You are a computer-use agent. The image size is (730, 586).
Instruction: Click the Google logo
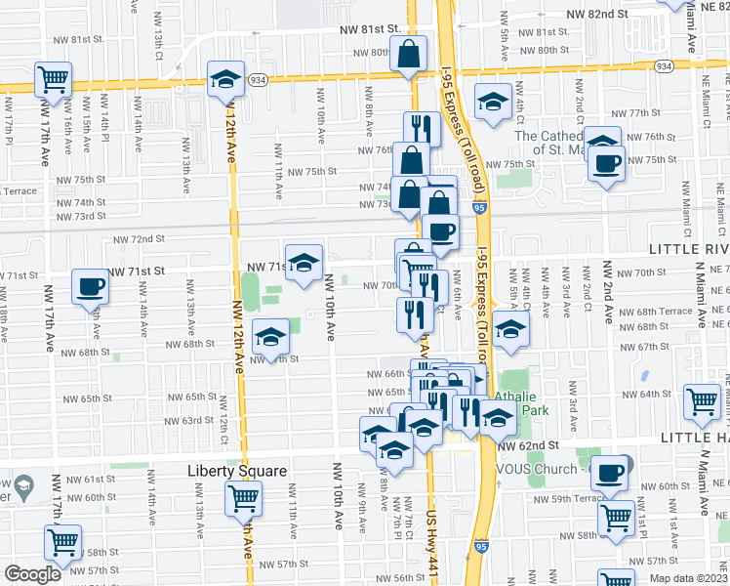pos(32,574)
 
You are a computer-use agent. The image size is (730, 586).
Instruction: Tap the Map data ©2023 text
pos(688,578)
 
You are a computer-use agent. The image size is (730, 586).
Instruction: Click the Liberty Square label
pos(237,470)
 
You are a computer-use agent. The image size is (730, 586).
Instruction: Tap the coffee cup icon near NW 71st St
pos(91,287)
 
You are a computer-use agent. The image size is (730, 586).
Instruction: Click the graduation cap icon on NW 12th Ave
pos(224,79)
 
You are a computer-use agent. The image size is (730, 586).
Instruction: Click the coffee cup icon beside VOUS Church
pos(609,473)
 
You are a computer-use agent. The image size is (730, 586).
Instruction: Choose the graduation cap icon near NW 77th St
pos(493,100)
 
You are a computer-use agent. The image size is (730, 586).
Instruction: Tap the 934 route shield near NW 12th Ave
pos(258,79)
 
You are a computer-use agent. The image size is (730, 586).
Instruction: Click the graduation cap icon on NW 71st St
pos(304,262)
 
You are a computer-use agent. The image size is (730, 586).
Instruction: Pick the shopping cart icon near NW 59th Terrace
pos(616,516)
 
